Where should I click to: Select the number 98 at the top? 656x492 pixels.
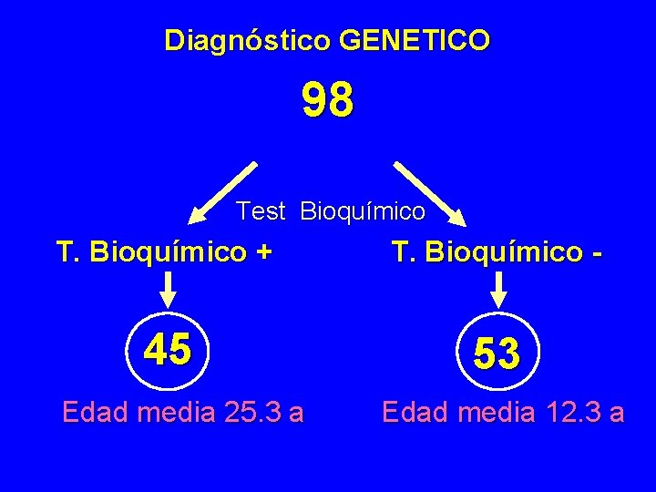click(328, 101)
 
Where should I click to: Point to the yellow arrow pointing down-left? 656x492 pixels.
click(223, 192)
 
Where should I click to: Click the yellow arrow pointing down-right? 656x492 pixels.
click(430, 193)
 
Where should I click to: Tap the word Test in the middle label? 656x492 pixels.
click(261, 211)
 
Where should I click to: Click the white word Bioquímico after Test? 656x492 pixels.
click(363, 212)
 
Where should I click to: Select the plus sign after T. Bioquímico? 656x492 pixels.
click(263, 251)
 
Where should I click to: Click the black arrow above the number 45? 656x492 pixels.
click(169, 291)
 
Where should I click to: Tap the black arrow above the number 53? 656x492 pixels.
click(498, 291)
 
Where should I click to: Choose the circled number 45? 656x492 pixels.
click(168, 349)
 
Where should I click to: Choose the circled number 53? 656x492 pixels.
click(497, 353)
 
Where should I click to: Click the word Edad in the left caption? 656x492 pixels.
click(96, 413)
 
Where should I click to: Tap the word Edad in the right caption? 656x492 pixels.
click(415, 413)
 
